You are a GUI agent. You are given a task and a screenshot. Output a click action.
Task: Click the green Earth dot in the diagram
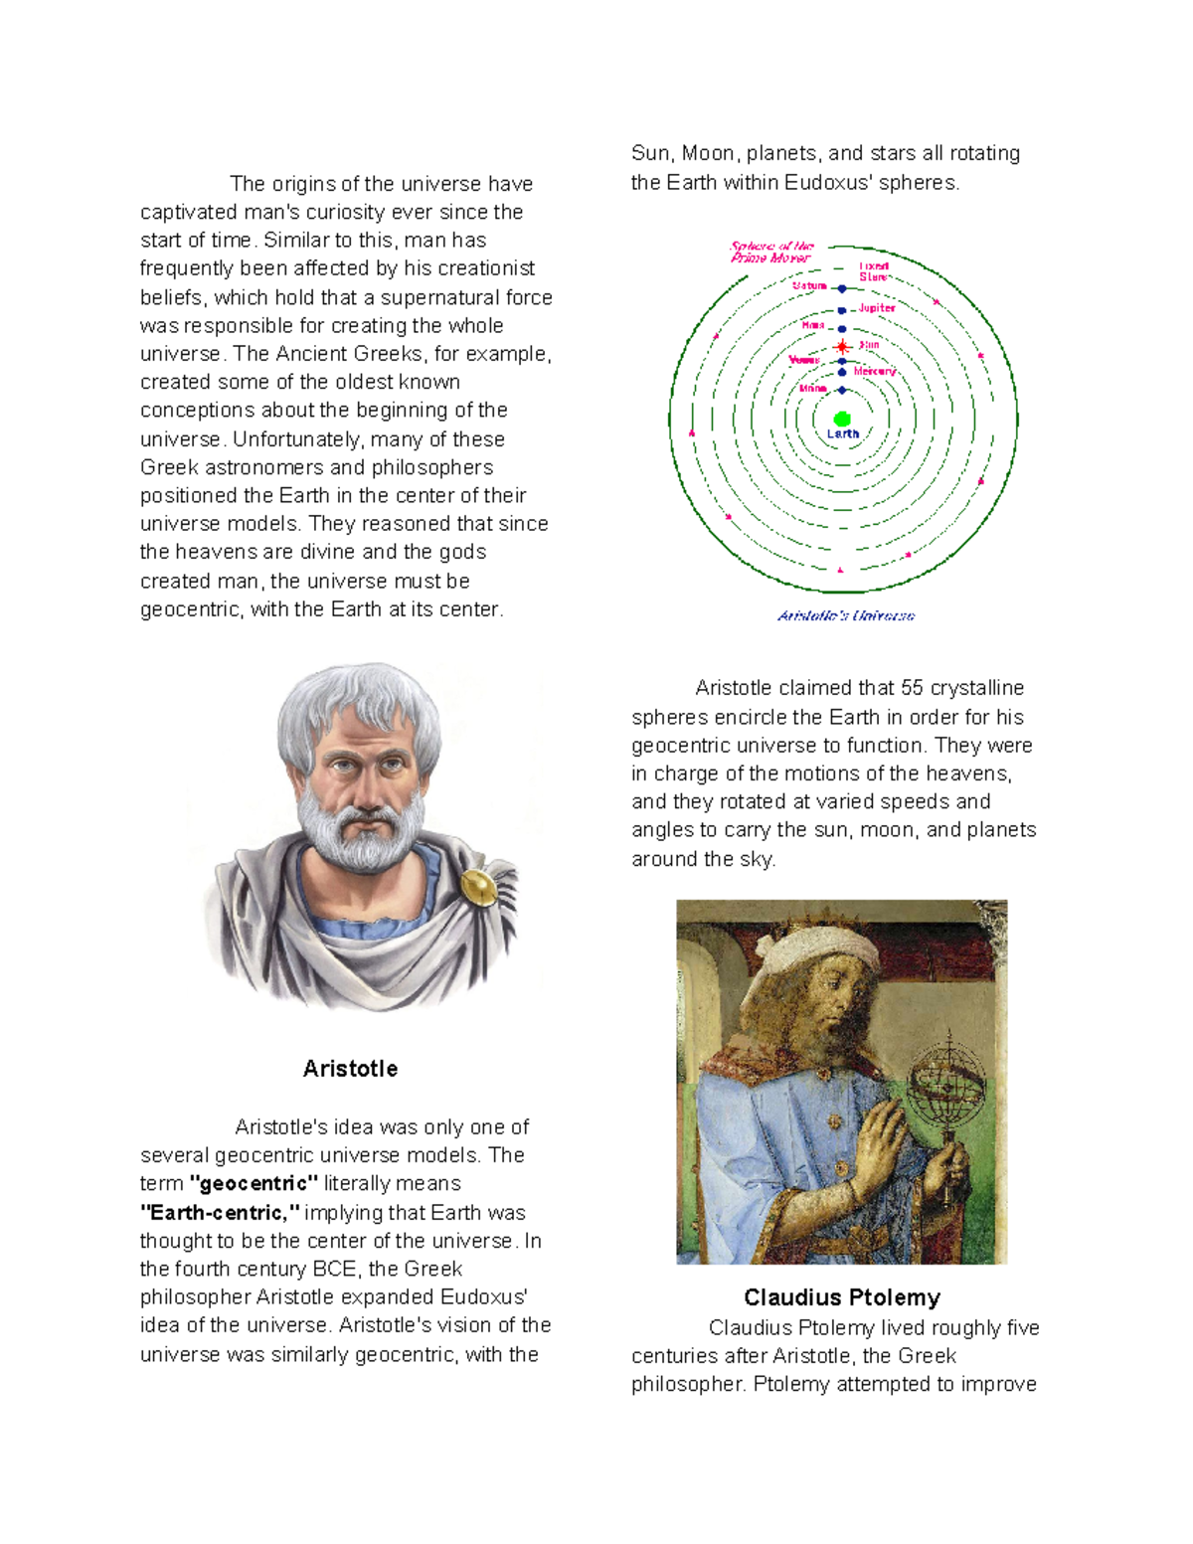click(x=842, y=419)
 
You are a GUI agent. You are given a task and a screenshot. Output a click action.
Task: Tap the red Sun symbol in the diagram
click(x=842, y=346)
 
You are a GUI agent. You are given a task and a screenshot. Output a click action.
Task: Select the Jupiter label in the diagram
click(x=877, y=308)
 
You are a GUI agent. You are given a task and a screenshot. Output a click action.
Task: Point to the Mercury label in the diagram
click(x=875, y=371)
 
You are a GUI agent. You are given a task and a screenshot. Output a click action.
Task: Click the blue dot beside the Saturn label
click(x=842, y=288)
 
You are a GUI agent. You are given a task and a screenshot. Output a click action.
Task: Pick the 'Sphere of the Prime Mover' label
click(x=771, y=252)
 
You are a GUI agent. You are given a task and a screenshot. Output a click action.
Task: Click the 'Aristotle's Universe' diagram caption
click(x=846, y=615)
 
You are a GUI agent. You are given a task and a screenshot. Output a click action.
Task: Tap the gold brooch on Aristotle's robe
click(x=477, y=886)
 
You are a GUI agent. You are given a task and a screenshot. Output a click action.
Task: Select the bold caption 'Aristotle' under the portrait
click(x=350, y=1069)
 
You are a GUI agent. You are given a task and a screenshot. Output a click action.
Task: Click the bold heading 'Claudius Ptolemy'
click(x=842, y=1297)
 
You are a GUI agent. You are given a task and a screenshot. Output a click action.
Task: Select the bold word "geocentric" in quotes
click(x=254, y=1183)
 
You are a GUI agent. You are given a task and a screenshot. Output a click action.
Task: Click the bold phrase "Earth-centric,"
click(x=220, y=1212)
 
